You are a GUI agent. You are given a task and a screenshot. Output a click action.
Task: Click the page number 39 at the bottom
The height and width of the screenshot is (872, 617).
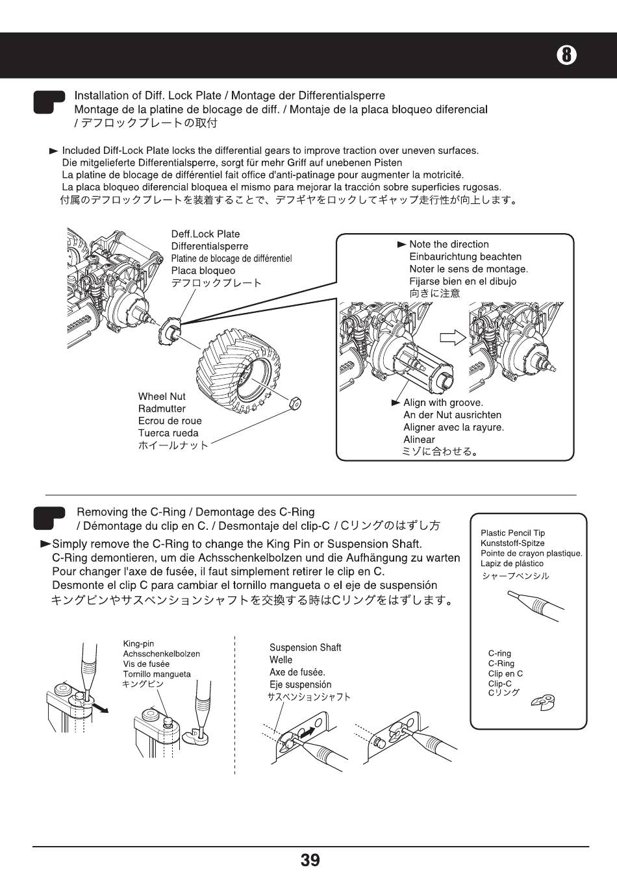pyautogui.click(x=310, y=860)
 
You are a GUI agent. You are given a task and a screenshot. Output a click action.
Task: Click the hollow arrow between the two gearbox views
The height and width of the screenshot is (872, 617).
pyautogui.click(x=453, y=337)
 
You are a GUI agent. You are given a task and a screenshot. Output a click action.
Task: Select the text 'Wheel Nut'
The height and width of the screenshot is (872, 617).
pyautogui.click(x=162, y=396)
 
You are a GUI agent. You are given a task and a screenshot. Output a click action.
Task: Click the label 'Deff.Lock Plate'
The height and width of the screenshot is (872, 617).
pyautogui.click(x=205, y=234)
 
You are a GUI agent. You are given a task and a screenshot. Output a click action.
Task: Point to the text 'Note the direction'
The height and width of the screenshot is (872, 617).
pyautogui.click(x=449, y=244)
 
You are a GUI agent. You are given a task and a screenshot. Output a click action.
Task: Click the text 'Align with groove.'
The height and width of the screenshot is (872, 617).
pyautogui.click(x=443, y=403)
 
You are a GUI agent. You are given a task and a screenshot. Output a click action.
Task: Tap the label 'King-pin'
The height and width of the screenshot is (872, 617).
pyautogui.click(x=138, y=644)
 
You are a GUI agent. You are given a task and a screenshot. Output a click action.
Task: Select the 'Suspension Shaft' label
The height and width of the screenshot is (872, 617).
pyautogui.click(x=305, y=647)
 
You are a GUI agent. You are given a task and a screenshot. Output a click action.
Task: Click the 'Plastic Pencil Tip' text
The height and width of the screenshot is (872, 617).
pyautogui.click(x=512, y=533)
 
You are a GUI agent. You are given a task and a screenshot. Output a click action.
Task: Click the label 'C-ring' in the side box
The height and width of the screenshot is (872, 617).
pyautogui.click(x=499, y=654)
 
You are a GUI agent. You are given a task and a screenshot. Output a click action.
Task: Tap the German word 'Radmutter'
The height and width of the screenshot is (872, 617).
pyautogui.click(x=162, y=408)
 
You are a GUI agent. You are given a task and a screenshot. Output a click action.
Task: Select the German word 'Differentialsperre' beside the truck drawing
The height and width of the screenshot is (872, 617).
pyautogui.click(x=210, y=246)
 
